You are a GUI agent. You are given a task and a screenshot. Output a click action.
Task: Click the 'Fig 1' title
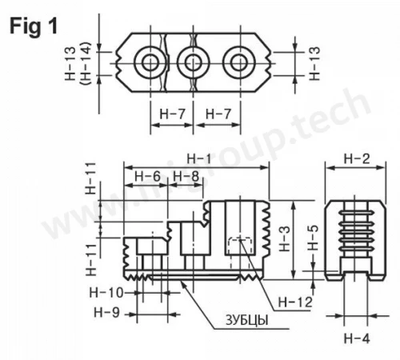tap(34, 26)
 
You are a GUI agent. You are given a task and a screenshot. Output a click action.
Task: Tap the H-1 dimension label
tap(198, 159)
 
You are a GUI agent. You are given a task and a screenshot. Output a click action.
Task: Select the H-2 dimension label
tap(357, 159)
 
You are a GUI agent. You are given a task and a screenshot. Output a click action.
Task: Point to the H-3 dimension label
tap(285, 238)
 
